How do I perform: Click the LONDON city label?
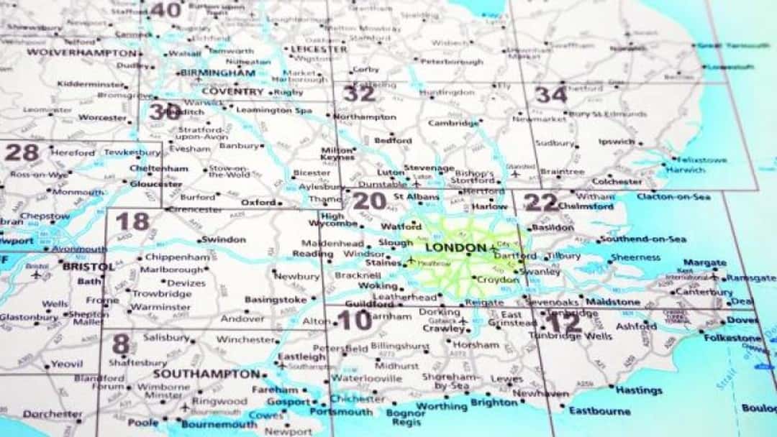pyautogui.click(x=455, y=248)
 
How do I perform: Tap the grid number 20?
pyautogui.click(x=369, y=201)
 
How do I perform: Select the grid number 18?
pyautogui.click(x=132, y=221)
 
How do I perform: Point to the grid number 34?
pyautogui.click(x=550, y=94)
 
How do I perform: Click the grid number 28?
pyautogui.click(x=22, y=152)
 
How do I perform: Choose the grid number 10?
pyautogui.click(x=355, y=321)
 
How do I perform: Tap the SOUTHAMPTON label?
pyautogui.click(x=206, y=374)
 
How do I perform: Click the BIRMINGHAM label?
pyautogui.click(x=218, y=73)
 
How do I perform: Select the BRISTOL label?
pyautogui.click(x=88, y=266)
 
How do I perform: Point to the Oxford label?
pyautogui.click(x=258, y=203)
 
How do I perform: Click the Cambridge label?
pyautogui.click(x=453, y=123)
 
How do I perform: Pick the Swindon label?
pyautogui.click(x=224, y=239)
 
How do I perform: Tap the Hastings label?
pyautogui.click(x=639, y=390)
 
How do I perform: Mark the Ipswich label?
pyautogui.click(x=616, y=142)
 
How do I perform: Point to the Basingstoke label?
pyautogui.click(x=276, y=299)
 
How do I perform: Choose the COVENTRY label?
pyautogui.click(x=232, y=91)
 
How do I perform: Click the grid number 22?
pyautogui.click(x=540, y=202)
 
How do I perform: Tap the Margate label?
pyautogui.click(x=704, y=263)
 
